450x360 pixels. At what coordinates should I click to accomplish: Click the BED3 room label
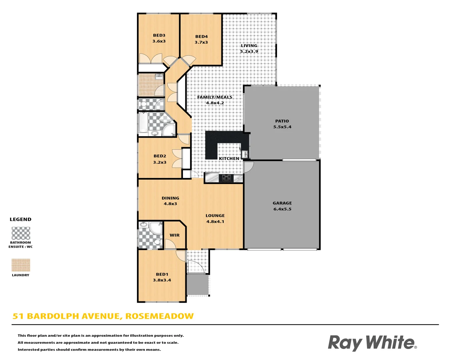[159, 35]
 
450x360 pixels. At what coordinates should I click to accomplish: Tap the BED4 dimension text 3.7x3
[201, 42]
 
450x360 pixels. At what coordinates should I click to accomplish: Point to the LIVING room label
[249, 46]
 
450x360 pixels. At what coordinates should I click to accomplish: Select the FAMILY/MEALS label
[215, 97]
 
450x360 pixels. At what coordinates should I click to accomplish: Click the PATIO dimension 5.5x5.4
[282, 127]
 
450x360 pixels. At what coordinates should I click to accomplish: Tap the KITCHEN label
[229, 158]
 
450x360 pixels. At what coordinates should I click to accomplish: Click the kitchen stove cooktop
[226, 178]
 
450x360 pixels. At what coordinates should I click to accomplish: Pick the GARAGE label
[282, 203]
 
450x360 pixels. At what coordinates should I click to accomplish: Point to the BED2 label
[160, 156]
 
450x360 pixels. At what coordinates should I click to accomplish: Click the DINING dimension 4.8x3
[170, 204]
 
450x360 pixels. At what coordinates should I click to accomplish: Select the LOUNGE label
[215, 216]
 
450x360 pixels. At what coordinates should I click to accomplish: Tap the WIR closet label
[175, 235]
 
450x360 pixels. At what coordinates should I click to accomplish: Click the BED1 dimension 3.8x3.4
[162, 280]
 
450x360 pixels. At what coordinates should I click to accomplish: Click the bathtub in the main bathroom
[143, 122]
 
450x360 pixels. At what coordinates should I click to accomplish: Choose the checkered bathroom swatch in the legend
[21, 233]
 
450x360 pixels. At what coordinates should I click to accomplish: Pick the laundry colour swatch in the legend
[21, 265]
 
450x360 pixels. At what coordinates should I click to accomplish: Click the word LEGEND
[20, 219]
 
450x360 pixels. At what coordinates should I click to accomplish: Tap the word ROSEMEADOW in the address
[159, 316]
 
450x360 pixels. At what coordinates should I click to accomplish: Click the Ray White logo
[372, 343]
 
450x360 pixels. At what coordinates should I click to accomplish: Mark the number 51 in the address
[18, 316]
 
